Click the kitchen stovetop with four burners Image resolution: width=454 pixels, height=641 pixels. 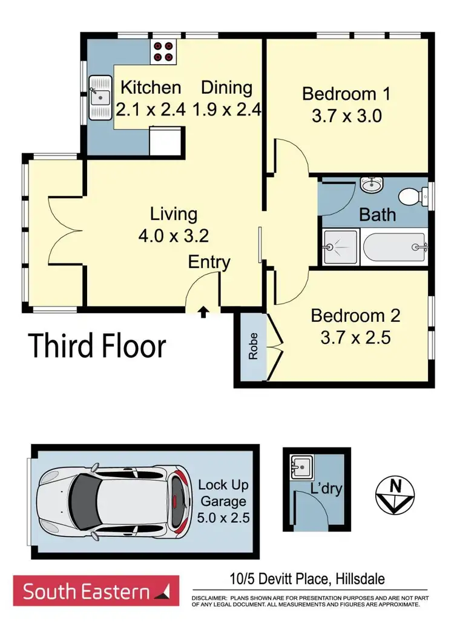click(162, 51)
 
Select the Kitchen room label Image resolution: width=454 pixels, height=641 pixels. click(151, 88)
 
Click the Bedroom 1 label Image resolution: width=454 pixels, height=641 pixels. click(346, 94)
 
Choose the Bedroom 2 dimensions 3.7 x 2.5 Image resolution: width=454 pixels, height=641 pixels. click(355, 336)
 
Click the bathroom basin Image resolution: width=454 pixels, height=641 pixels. click(369, 184)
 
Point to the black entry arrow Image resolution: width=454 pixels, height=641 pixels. click(203, 312)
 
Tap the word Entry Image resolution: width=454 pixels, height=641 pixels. click(209, 262)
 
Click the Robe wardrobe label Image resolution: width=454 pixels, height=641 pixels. click(252, 347)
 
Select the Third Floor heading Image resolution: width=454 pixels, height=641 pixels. click(97, 347)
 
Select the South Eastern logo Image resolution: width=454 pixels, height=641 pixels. click(96, 590)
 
